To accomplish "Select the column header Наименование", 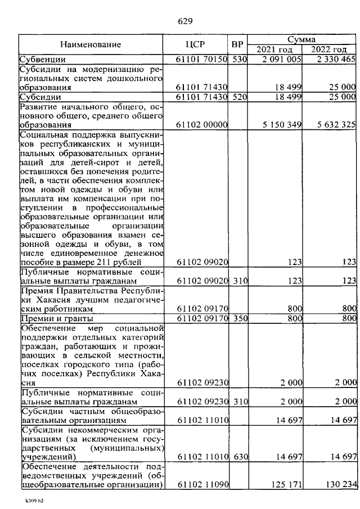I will [91, 44].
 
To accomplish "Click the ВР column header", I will [237, 44].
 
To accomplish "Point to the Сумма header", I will [301, 39].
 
